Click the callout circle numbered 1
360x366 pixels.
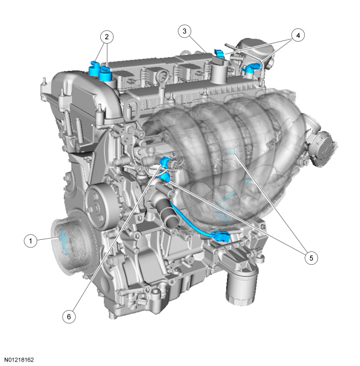(x=30, y=241)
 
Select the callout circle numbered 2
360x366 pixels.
(x=107, y=37)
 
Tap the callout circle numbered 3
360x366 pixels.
(x=184, y=31)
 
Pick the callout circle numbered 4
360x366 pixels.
(x=298, y=35)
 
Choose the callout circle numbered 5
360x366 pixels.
(x=311, y=258)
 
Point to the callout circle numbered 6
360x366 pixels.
(x=69, y=317)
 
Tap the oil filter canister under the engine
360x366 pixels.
(x=241, y=285)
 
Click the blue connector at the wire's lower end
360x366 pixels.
(x=220, y=236)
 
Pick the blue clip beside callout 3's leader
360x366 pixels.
(x=219, y=53)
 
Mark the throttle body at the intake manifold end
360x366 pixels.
(x=321, y=148)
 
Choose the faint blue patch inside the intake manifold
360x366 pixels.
(x=232, y=152)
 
